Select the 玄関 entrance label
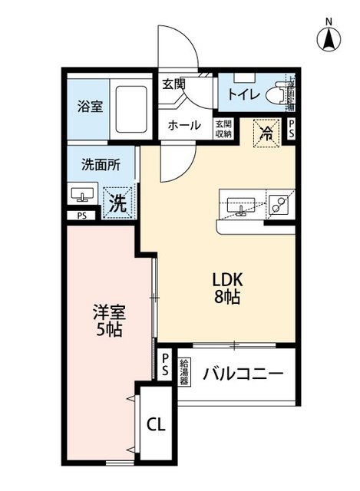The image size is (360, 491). [x=173, y=84]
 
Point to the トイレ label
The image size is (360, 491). [x=243, y=95]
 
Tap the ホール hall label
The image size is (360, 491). [x=183, y=125]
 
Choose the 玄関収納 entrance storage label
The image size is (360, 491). [x=223, y=129]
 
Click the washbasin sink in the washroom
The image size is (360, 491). [x=82, y=195]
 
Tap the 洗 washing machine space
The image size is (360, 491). [x=115, y=203]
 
